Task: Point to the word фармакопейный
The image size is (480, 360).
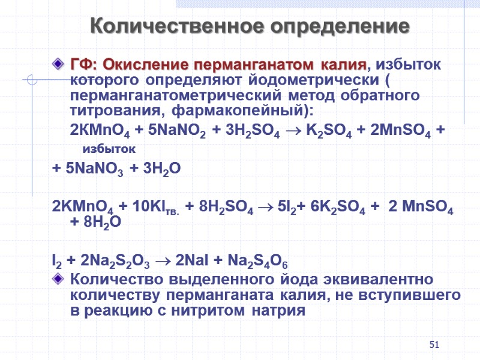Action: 236,110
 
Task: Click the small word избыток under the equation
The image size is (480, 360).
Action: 109,148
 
